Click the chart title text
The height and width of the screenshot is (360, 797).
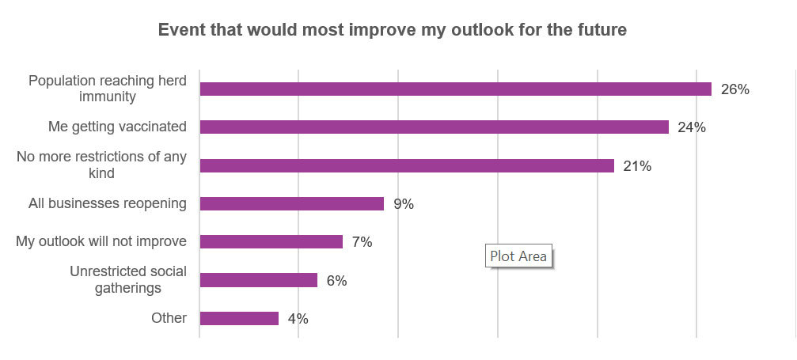(393, 30)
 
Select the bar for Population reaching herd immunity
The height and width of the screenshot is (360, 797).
(455, 89)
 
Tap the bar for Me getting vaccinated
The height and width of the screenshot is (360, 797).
(434, 127)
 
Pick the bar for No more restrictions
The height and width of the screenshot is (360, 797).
(407, 165)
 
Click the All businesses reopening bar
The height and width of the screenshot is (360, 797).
(291, 203)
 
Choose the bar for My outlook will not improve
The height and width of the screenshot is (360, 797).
(271, 241)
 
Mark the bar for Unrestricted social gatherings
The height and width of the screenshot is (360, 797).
(258, 280)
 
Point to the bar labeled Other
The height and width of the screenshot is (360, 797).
(239, 318)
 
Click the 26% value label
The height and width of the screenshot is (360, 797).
(734, 89)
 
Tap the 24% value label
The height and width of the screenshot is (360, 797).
(692, 127)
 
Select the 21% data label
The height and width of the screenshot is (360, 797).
(637, 166)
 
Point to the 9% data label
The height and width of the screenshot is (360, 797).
(404, 204)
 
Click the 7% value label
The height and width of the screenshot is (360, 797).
(362, 242)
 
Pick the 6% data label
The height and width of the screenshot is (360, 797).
(336, 281)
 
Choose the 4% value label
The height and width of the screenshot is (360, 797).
(298, 319)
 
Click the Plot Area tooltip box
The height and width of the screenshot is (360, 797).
(518, 256)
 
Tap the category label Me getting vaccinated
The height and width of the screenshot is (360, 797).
(117, 127)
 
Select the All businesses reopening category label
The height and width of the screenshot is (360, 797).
(108, 203)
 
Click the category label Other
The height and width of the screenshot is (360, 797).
(169, 318)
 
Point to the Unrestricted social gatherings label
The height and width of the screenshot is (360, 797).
(128, 279)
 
